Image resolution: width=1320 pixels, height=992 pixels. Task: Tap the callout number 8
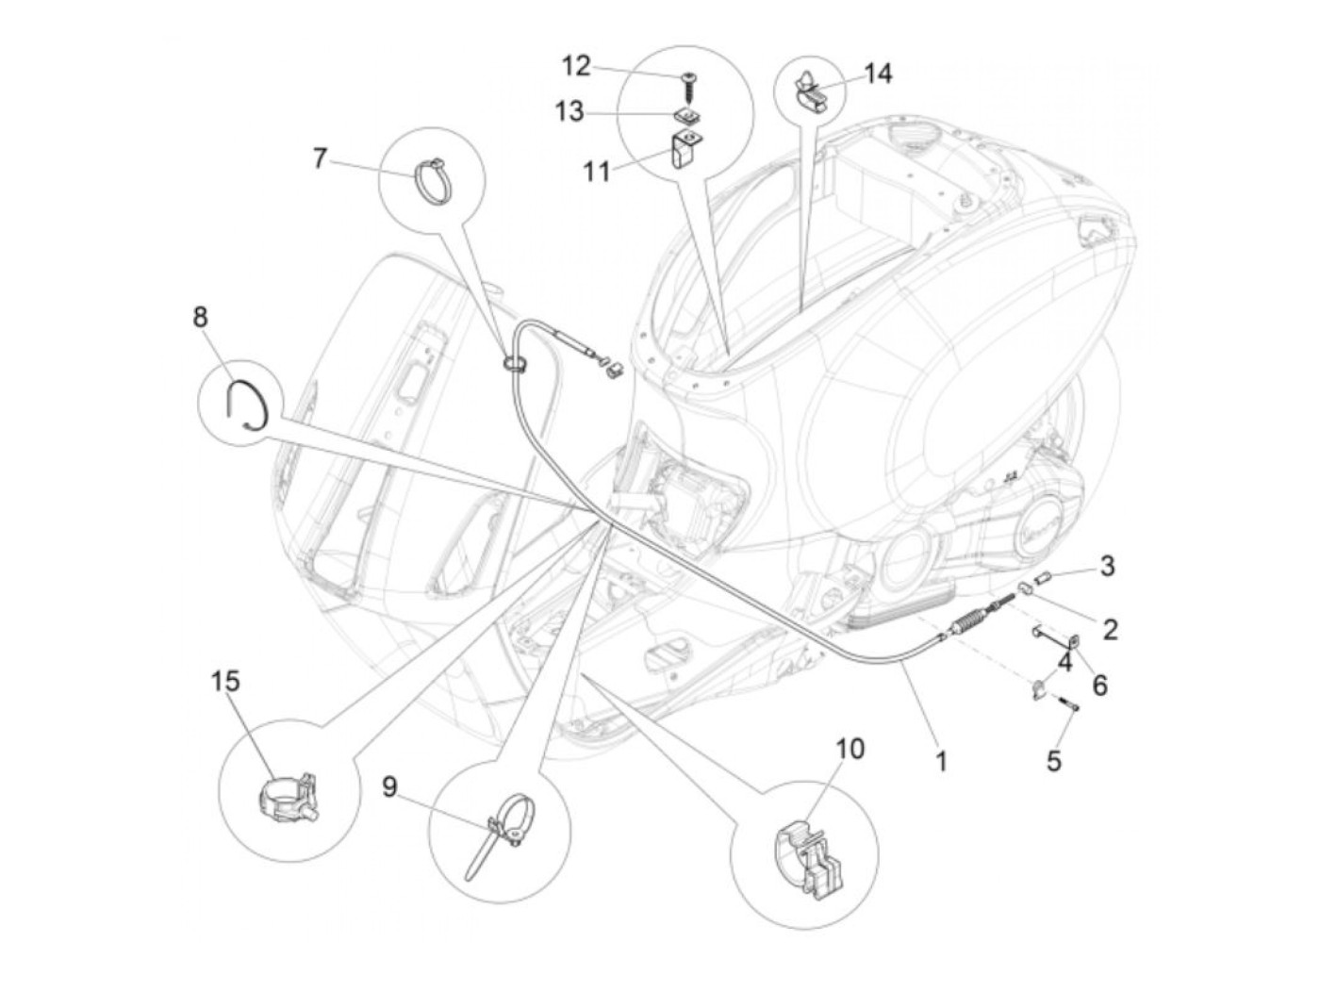200,317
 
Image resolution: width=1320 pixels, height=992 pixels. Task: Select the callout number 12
576,66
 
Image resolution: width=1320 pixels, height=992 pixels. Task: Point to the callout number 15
225,681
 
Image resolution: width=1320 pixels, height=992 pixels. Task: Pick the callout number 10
850,749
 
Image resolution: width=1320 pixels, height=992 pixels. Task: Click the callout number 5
1053,760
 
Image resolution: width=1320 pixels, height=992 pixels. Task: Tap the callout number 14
878,73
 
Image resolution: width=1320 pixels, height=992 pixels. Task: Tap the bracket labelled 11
685,149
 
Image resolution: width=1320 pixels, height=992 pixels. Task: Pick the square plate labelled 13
686,116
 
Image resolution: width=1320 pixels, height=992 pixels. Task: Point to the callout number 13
569,112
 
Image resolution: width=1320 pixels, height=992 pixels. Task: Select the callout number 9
390,785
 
